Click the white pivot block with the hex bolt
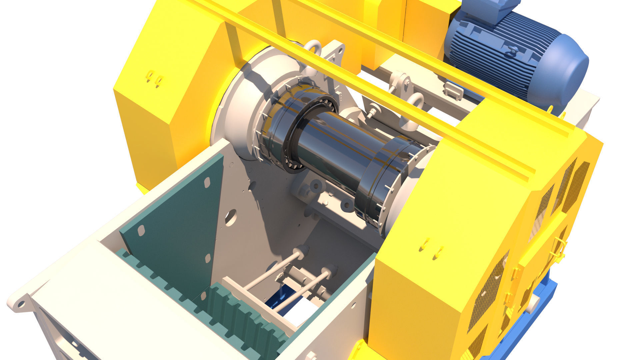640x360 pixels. pos(402,82)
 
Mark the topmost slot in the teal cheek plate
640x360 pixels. pos(207,182)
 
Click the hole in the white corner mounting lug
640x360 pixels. pos(21,304)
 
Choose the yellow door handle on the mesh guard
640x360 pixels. pos(560,248)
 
